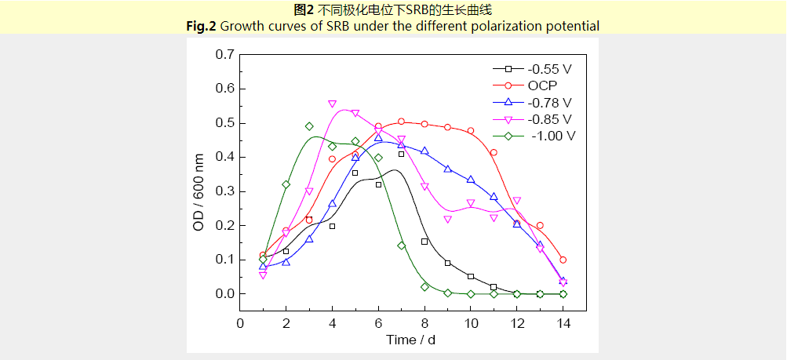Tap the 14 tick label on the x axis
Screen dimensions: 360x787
563,323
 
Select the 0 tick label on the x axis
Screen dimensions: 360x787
241,323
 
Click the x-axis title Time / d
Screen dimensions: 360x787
410,340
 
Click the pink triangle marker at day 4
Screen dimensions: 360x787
332,104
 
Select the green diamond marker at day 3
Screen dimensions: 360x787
309,126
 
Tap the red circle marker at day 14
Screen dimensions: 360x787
563,260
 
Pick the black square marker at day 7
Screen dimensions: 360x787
401,154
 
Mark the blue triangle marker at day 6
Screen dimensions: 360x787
378,138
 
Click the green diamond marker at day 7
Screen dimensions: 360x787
401,245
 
